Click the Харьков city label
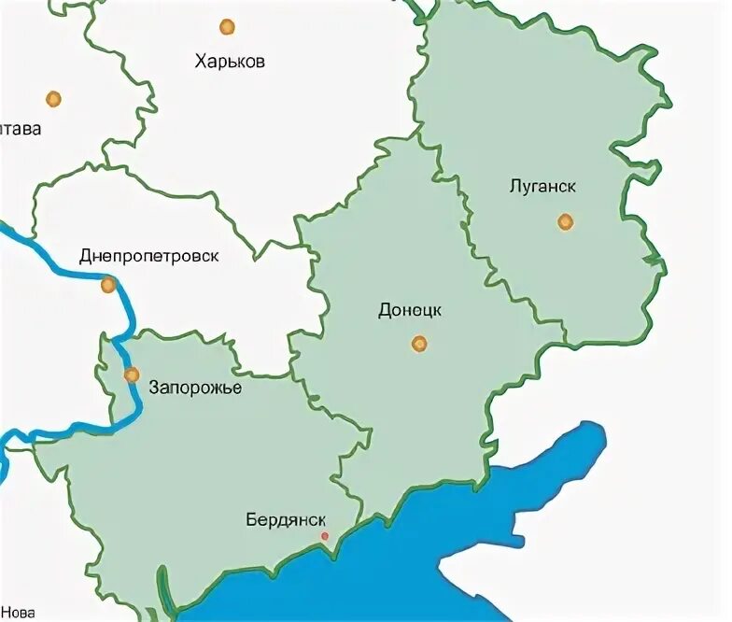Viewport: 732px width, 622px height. pyautogui.click(x=230, y=62)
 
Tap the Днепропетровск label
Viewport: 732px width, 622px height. pyautogui.click(x=149, y=256)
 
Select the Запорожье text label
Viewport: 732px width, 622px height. pyautogui.click(x=194, y=388)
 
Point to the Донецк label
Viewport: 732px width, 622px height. pyautogui.click(x=410, y=310)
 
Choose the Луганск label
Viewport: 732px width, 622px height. pyautogui.click(x=542, y=186)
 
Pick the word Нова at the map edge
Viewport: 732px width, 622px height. pyautogui.click(x=18, y=614)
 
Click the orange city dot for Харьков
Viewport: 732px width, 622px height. pyautogui.click(x=227, y=27)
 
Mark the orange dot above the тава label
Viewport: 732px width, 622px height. pyautogui.click(x=53, y=98)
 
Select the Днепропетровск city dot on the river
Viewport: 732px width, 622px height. pyautogui.click(x=109, y=285)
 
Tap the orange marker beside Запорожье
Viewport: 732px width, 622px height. pyautogui.click(x=132, y=375)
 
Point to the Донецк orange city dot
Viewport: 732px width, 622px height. pyautogui.click(x=419, y=344)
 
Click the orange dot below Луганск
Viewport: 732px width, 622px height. pyautogui.click(x=565, y=221)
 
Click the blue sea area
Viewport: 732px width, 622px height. pyautogui.click(x=420, y=570)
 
